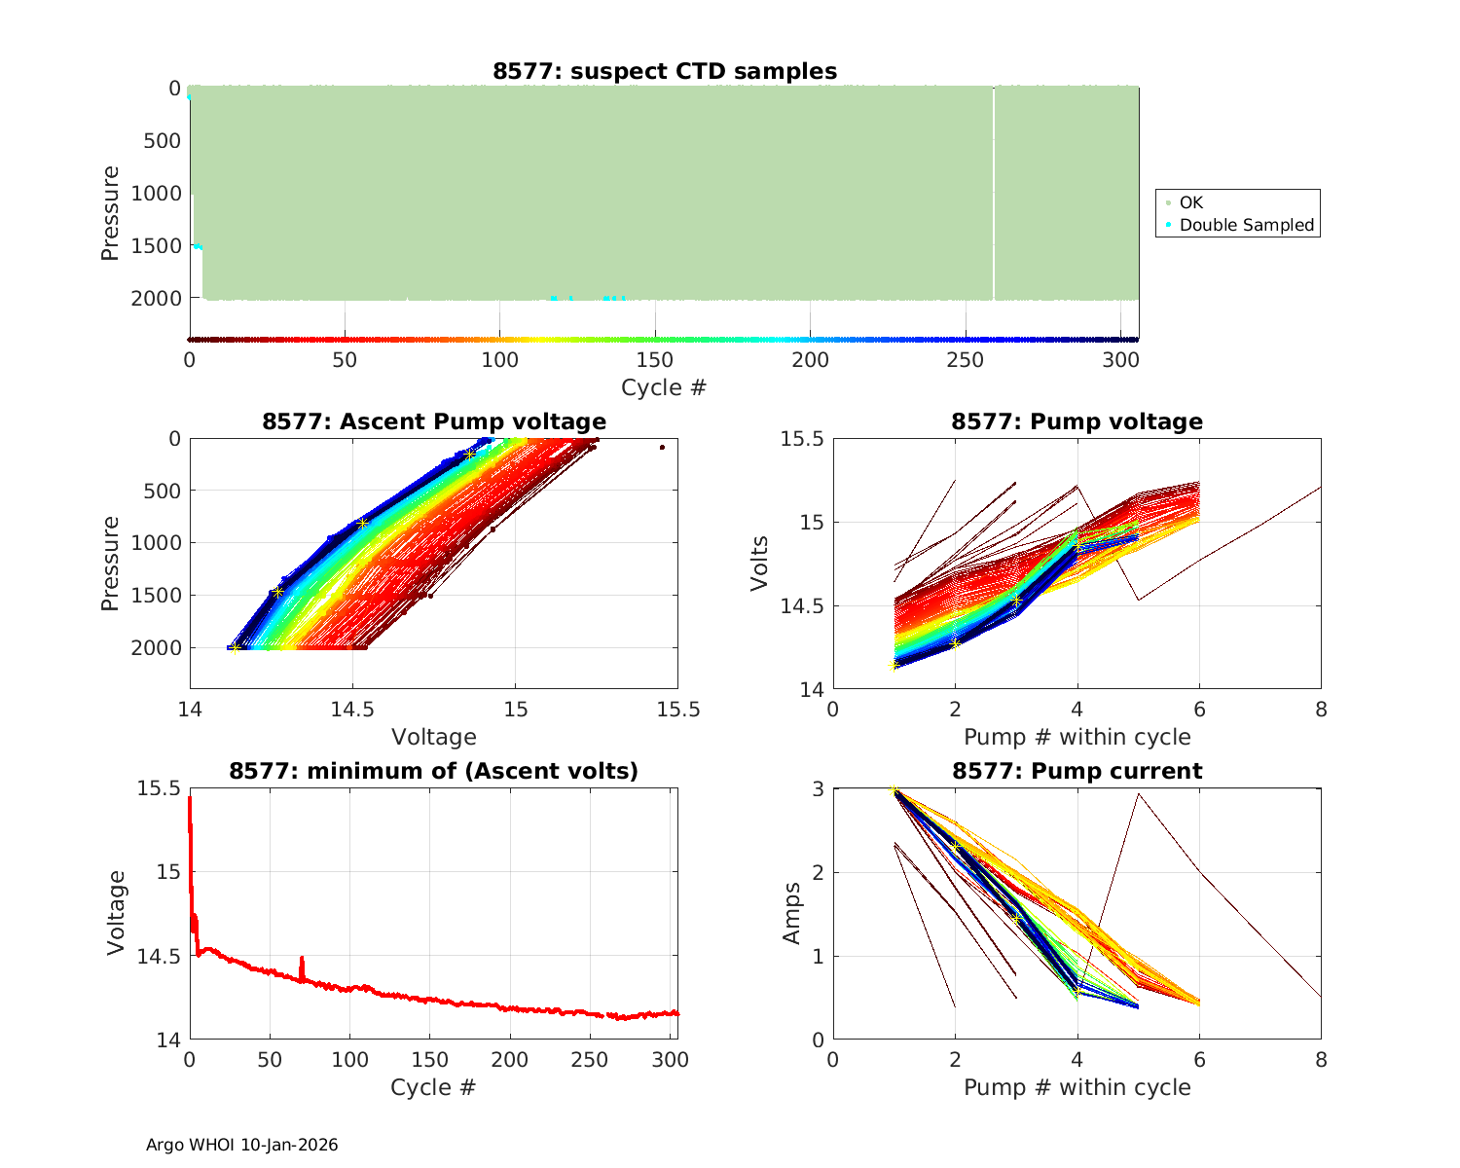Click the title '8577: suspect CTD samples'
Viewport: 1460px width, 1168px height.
pyautogui.click(x=664, y=71)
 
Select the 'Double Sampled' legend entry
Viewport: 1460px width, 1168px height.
pyautogui.click(x=1246, y=225)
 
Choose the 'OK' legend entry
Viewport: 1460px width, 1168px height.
pyautogui.click(x=1190, y=202)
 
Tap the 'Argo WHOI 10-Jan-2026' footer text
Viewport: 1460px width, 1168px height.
pyautogui.click(x=241, y=1145)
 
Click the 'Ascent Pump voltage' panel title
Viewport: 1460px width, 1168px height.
pyautogui.click(x=434, y=421)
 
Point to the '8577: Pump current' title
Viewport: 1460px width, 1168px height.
pyautogui.click(x=1077, y=771)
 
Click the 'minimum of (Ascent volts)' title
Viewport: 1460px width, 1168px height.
pyautogui.click(x=434, y=771)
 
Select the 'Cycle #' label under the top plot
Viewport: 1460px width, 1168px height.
pyautogui.click(x=664, y=387)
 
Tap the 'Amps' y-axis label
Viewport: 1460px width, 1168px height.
pyautogui.click(x=791, y=913)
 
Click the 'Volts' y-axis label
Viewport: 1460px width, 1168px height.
pyautogui.click(x=759, y=564)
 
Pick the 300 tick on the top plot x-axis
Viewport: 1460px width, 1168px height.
pyautogui.click(x=1120, y=360)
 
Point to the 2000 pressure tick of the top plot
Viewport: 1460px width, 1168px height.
pyautogui.click(x=155, y=298)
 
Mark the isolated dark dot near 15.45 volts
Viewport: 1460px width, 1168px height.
pyautogui.click(x=662, y=447)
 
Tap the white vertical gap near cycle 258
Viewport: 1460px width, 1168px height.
pyautogui.click(x=993, y=195)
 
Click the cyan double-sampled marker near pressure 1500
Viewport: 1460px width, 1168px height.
pyautogui.click(x=198, y=246)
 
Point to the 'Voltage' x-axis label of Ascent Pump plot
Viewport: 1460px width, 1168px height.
pyautogui.click(x=434, y=737)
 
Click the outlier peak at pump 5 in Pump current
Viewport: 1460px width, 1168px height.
pyautogui.click(x=1138, y=794)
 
